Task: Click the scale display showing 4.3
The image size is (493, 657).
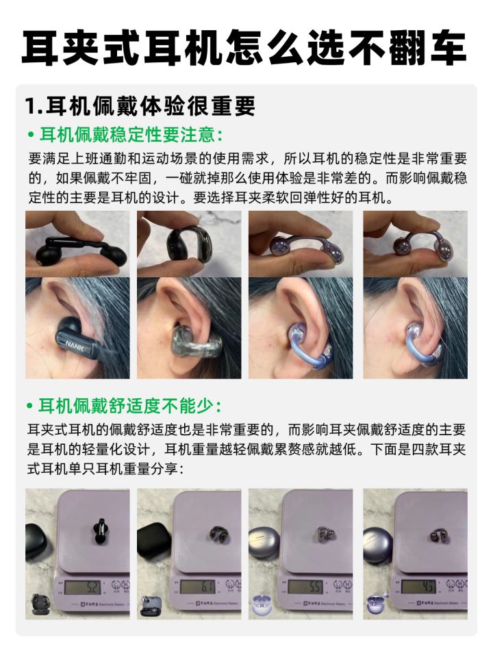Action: (x=419, y=587)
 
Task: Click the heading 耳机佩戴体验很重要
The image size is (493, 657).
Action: (x=151, y=106)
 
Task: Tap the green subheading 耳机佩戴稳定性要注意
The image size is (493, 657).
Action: (x=130, y=135)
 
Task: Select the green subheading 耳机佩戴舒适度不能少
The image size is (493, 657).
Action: (x=129, y=406)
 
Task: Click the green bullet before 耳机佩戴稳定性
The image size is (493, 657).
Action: (x=30, y=136)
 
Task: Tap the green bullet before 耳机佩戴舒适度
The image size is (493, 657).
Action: (x=29, y=406)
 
